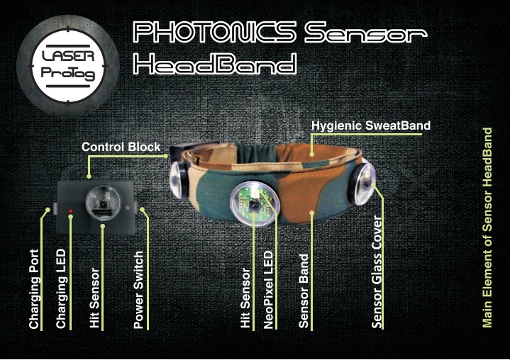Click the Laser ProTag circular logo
pos(68,66)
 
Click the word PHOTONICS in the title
pos(215,32)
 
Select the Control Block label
pos(121,147)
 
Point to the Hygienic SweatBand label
pos(371,125)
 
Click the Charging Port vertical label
pos(34,289)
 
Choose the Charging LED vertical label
pos(61,289)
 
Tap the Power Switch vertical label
pos(138,290)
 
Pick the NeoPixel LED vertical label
pos(268,290)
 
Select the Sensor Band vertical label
pos(304,291)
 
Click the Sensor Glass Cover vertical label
pos(377,272)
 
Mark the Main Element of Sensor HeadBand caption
pos(487,227)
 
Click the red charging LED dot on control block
pos(70,211)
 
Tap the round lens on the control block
pos(103,203)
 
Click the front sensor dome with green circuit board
pos(255,203)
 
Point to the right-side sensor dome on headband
pos(362,184)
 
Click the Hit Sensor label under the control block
pos(94,298)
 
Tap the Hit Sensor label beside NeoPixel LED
pos(245,298)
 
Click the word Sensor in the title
pos(365,33)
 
